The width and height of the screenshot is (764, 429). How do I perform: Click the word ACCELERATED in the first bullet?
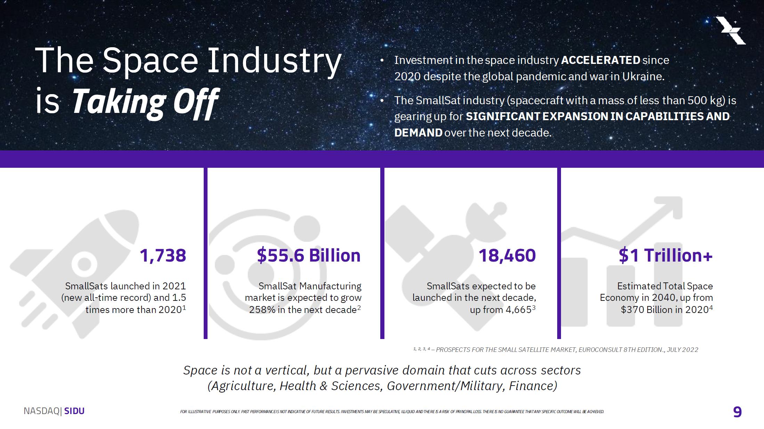(600, 60)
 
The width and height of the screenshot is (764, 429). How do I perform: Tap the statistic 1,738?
(163, 255)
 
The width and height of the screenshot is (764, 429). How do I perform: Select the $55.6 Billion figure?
(309, 255)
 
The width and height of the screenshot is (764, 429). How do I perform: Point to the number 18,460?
(507, 255)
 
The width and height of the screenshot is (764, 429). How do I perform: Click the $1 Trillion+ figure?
(665, 255)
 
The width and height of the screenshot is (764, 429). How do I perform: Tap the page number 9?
(737, 412)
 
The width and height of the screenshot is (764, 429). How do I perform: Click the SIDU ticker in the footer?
(74, 411)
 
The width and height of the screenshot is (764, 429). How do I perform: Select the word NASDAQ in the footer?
(41, 411)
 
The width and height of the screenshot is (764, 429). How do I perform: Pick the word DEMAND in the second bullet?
(418, 133)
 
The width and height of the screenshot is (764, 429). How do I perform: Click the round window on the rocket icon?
(84, 264)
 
